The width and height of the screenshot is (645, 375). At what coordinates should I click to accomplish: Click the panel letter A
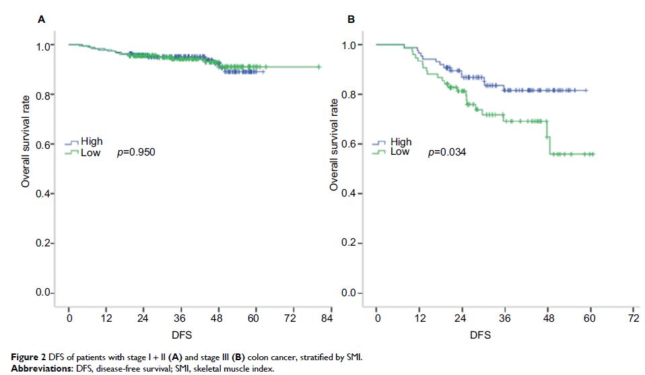(42, 20)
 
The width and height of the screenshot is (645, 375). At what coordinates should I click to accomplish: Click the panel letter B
(351, 20)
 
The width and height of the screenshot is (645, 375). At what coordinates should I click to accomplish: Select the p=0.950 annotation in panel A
(136, 153)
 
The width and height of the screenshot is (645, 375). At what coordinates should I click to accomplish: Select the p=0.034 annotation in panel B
(447, 153)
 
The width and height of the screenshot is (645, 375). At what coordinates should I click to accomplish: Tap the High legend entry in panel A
(92, 142)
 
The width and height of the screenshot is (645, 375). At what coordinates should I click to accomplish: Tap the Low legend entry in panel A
(90, 153)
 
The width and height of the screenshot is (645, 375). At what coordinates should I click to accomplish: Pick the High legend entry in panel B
(401, 142)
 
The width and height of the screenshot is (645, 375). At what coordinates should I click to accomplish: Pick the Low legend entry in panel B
(399, 152)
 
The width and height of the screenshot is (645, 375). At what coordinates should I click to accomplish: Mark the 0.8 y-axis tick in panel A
(41, 95)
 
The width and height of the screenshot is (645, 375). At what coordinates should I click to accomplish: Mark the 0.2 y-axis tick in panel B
(349, 243)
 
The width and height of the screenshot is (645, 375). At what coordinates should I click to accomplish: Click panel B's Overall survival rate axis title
(334, 144)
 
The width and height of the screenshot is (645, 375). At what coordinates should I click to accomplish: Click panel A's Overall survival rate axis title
(26, 144)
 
